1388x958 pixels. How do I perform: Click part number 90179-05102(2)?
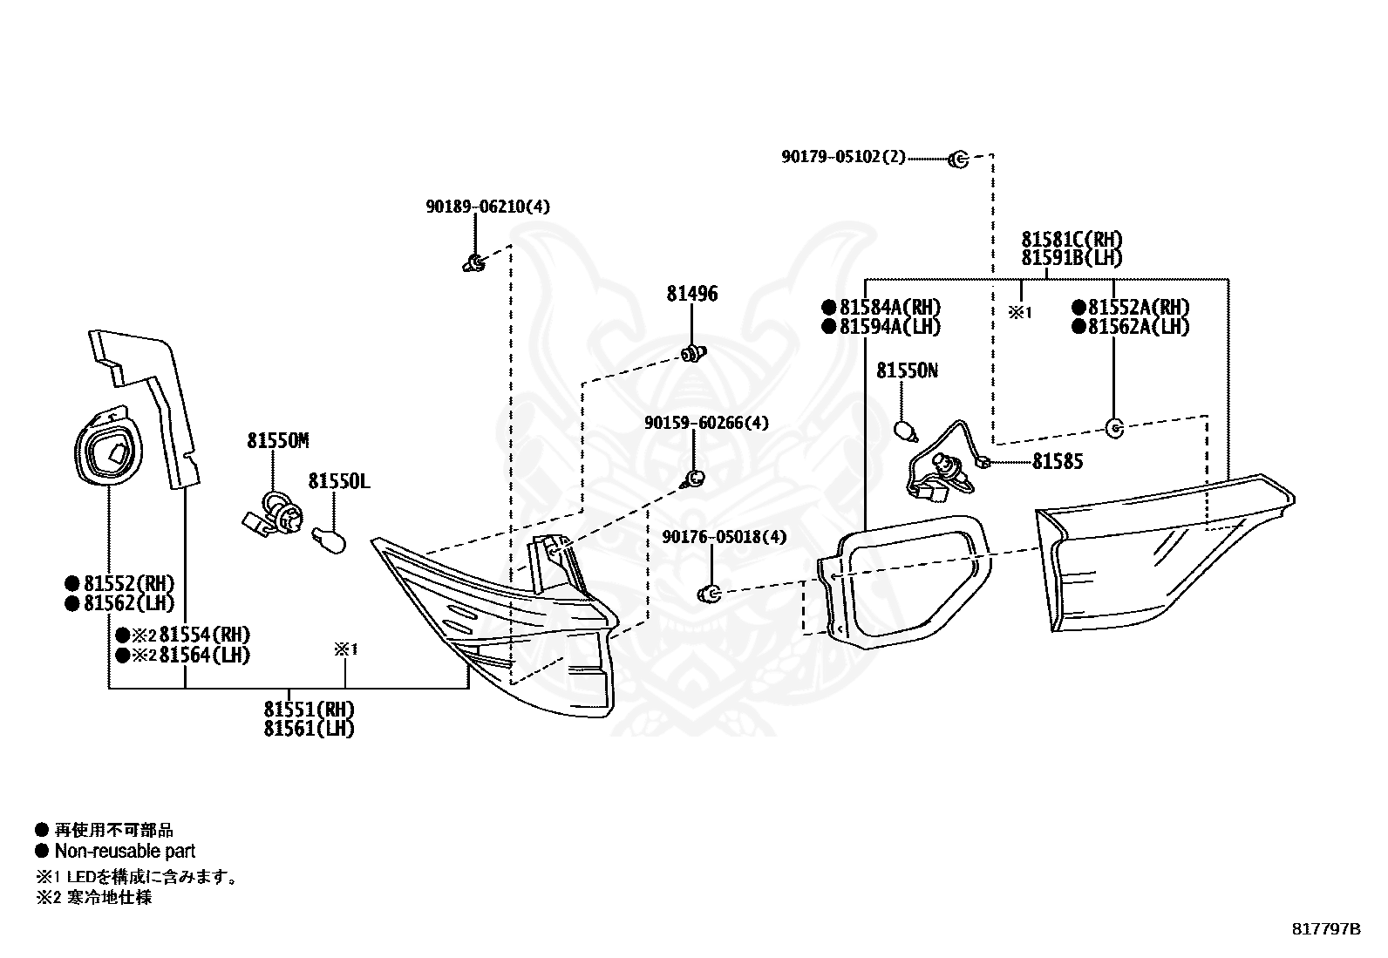point(843,157)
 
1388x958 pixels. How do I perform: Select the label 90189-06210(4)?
point(487,207)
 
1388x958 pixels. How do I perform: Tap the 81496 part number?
point(692,294)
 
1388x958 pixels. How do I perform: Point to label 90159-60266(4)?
point(706,423)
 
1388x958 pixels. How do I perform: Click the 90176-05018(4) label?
point(725,537)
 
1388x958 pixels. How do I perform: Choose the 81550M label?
point(278,440)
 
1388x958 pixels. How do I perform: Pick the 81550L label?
point(339,481)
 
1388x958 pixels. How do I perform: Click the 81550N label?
point(907,370)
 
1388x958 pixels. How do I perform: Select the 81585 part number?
point(1058,462)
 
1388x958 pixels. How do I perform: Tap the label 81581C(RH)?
point(1072,239)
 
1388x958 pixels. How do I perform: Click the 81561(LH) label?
point(310,728)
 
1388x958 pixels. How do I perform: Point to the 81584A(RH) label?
point(890,308)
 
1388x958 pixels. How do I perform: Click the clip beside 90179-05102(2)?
point(958,160)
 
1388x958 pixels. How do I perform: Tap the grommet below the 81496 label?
point(694,354)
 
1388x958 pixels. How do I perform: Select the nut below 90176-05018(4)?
point(710,593)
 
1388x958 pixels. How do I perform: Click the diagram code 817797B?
point(1326,929)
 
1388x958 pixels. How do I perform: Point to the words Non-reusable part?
point(126,851)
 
